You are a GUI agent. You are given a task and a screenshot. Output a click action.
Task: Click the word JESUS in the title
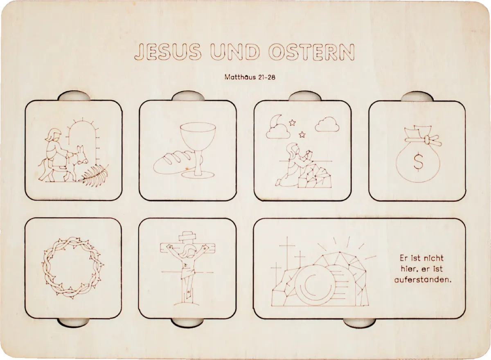coord(168,52)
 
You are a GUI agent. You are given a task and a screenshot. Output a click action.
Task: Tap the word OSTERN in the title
coord(312,52)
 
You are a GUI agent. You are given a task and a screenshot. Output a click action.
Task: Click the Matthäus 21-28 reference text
coord(250,77)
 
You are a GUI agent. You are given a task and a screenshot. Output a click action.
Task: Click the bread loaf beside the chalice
coord(173,163)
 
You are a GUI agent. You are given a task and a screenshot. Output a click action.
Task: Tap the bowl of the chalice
coord(198,136)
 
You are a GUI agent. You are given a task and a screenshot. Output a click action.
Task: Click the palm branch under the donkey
coord(95,175)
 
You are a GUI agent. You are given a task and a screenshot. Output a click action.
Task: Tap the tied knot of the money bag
coord(427,140)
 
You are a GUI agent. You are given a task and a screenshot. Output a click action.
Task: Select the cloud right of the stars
coord(327,124)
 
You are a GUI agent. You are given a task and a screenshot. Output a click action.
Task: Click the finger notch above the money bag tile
coord(417,97)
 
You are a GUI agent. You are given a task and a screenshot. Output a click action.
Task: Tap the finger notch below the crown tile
coord(73,322)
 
